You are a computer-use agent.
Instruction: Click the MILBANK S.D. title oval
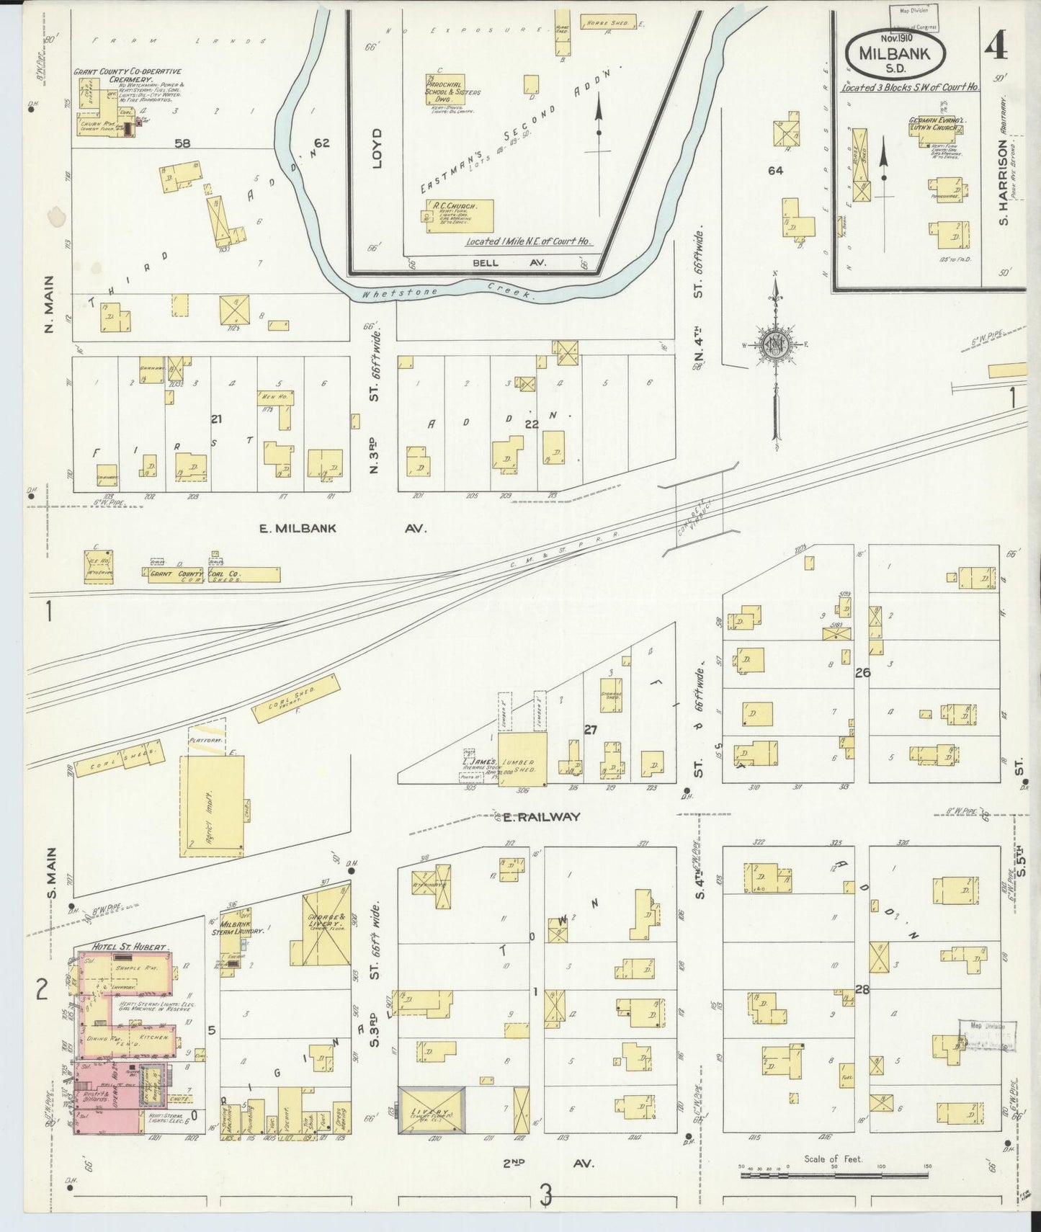(901, 53)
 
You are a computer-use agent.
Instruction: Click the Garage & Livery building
(325, 928)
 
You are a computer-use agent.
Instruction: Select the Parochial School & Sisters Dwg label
(454, 89)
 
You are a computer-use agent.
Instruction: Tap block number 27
(590, 730)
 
